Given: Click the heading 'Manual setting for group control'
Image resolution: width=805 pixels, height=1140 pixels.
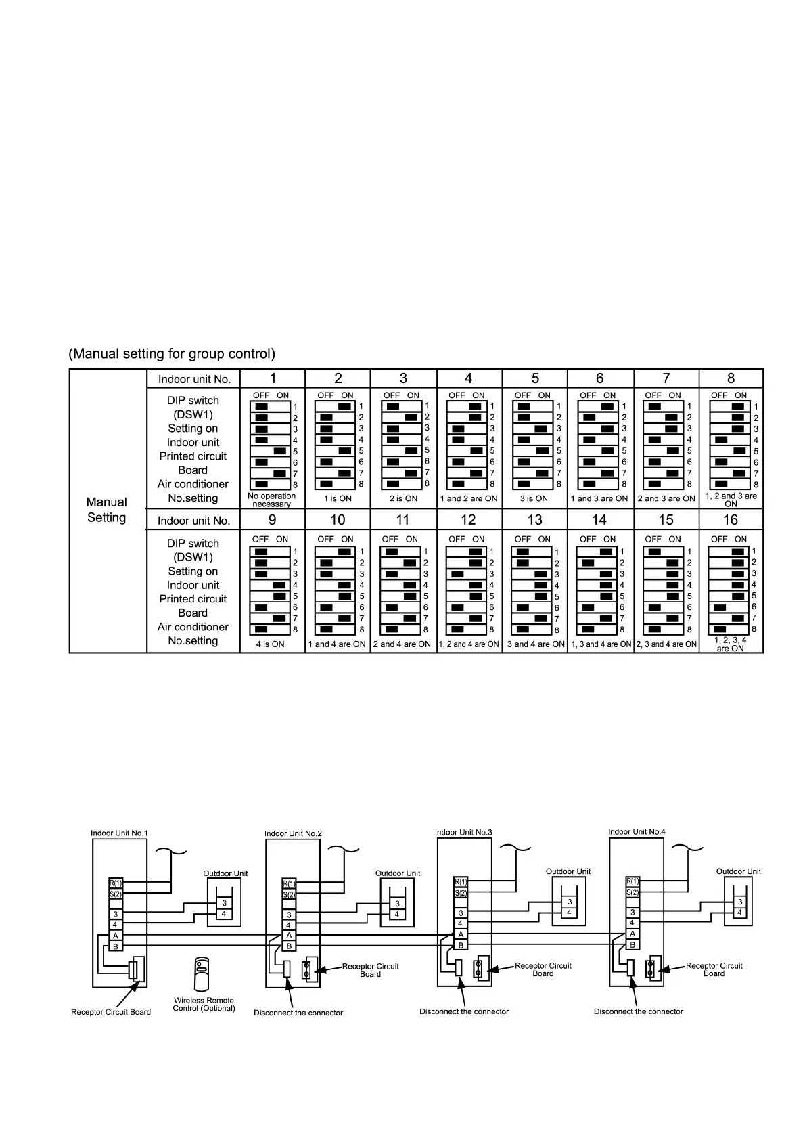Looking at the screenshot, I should pos(172,354).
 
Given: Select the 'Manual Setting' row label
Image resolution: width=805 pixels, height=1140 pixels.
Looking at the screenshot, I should pos(106,510).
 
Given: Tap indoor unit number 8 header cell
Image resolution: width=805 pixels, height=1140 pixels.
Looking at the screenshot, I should pos(731,378).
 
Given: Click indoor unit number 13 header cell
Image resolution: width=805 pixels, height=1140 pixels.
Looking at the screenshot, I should pos(534,520).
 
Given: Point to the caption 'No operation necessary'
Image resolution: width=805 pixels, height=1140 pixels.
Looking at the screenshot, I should pos(271,500).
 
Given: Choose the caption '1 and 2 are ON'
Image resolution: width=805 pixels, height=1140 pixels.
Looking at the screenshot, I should pos(468,499).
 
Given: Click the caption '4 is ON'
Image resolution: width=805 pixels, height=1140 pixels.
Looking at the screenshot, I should pos(270,644).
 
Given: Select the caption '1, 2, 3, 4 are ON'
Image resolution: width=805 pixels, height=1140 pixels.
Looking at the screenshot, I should pos(731,644).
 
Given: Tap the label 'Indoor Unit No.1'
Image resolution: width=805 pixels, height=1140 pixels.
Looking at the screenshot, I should pos(119,833).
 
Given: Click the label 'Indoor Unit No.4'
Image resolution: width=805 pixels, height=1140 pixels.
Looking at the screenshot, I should pos(637,832).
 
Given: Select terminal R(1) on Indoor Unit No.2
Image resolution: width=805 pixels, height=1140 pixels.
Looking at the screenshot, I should pos(289,883).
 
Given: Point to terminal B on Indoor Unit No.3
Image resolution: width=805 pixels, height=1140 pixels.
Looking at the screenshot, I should pos(461,945).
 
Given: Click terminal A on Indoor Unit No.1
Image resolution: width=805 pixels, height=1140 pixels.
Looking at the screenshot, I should pos(116,936).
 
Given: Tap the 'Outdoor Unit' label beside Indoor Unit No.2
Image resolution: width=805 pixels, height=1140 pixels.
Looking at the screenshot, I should pos(398,873).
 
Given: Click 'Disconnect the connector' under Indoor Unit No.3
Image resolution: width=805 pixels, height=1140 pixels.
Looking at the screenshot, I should pos(464,1011).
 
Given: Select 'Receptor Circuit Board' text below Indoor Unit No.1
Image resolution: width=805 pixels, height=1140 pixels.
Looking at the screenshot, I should pos(111,1012).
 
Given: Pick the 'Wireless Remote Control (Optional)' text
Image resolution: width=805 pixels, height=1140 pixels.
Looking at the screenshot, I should pos(204,1004).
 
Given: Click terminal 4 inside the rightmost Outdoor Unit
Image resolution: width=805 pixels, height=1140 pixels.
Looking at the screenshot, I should pos(740,913).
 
